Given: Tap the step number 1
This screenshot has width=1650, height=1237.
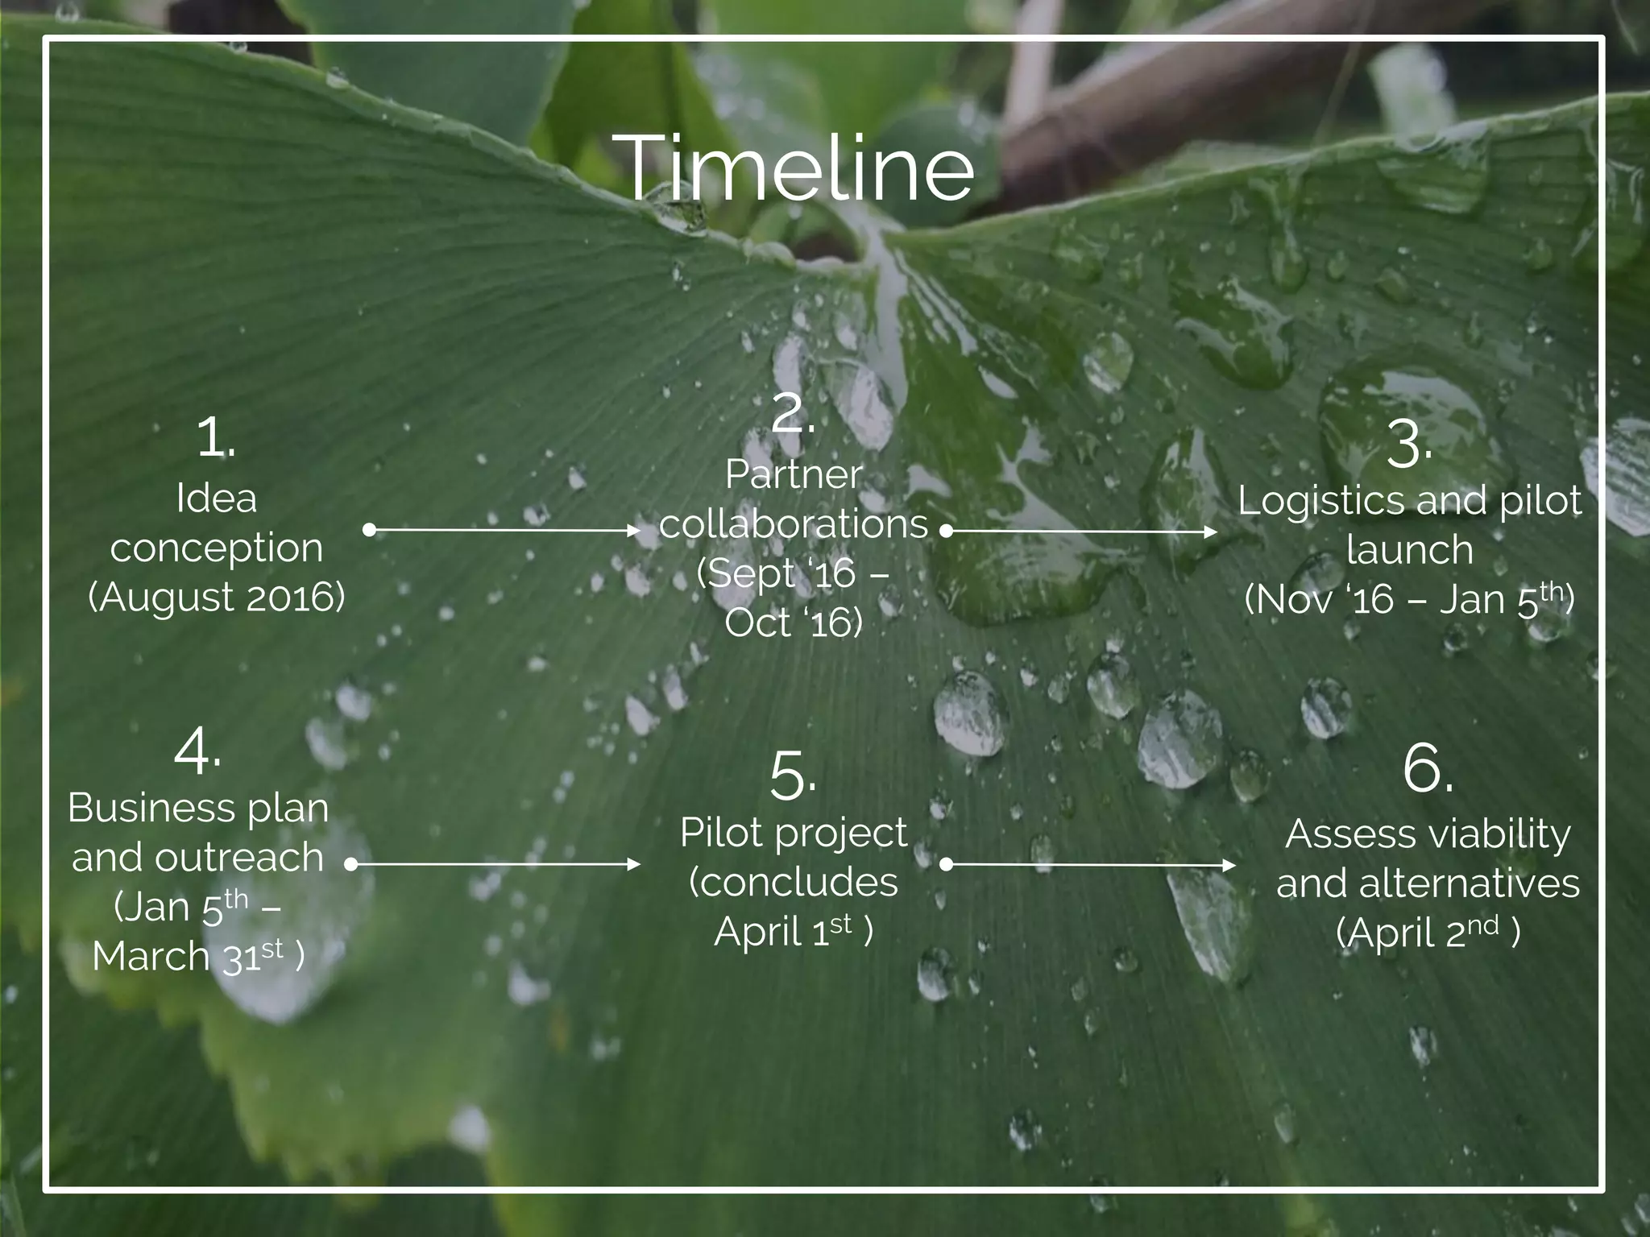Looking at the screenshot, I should [x=215, y=440].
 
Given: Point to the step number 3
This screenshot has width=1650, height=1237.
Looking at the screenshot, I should [x=1408, y=445].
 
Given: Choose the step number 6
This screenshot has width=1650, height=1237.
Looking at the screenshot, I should [x=1427, y=769].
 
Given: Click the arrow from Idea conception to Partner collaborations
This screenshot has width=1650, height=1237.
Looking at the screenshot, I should [x=504, y=530].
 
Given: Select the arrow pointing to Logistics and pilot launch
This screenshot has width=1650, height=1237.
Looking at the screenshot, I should [x=1081, y=532].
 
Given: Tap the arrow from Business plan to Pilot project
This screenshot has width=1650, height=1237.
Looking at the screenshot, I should [x=494, y=864].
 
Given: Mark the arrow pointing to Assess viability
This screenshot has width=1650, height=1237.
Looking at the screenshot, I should [x=1090, y=865].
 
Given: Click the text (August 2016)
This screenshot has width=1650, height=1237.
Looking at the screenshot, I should [x=216, y=597].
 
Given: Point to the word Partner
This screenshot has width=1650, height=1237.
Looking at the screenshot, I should [x=794, y=474].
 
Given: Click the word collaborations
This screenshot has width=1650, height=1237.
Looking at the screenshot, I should [x=794, y=524].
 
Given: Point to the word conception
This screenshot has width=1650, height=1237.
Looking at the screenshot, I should [x=216, y=548].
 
